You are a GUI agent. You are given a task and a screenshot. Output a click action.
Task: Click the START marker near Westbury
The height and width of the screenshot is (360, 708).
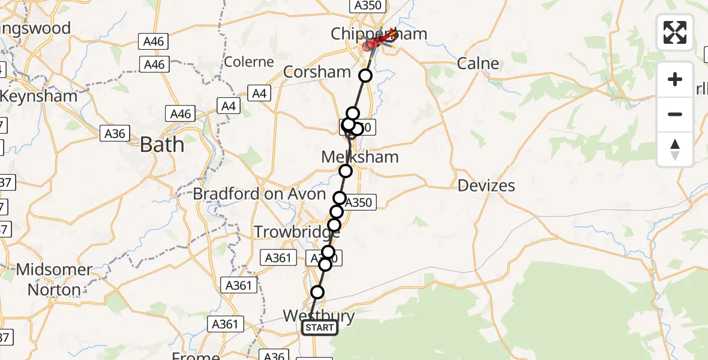click(x=320, y=328)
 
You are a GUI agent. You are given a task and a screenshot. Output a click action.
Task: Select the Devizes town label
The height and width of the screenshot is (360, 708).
click(x=486, y=185)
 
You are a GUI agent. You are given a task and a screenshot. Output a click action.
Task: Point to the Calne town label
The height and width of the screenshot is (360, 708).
click(x=478, y=63)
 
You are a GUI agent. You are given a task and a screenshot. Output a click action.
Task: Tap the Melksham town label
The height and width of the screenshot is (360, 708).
click(x=360, y=157)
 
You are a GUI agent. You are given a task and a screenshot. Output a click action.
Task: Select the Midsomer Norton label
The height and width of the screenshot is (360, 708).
click(x=53, y=280)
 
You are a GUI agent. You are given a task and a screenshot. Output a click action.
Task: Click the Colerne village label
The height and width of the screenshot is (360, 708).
click(x=248, y=62)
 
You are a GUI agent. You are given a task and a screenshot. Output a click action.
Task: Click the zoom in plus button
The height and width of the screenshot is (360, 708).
click(x=675, y=79)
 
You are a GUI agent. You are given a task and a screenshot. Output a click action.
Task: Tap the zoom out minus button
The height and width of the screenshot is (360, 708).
click(x=675, y=114)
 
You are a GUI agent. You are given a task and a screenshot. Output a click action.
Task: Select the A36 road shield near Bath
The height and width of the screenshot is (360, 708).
click(x=115, y=133)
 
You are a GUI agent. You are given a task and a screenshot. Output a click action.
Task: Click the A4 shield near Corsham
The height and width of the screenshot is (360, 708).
click(x=259, y=93)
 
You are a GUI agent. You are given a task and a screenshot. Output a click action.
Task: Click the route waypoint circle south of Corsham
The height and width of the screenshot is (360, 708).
click(x=365, y=76)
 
